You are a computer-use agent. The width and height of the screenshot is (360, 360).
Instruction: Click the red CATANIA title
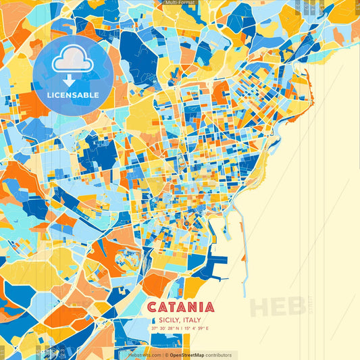180,307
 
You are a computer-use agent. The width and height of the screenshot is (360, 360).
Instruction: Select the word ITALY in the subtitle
193,320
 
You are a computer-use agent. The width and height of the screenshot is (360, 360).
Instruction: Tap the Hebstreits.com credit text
145,355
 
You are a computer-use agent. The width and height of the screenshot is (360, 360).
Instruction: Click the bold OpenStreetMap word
188,355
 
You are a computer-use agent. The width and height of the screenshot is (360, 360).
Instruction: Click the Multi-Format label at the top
180,3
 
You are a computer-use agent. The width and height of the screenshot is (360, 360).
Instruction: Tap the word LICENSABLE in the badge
73,95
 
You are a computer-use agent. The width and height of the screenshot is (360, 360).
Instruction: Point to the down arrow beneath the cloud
73,80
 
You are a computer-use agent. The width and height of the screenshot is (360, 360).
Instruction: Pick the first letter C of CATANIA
152,307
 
